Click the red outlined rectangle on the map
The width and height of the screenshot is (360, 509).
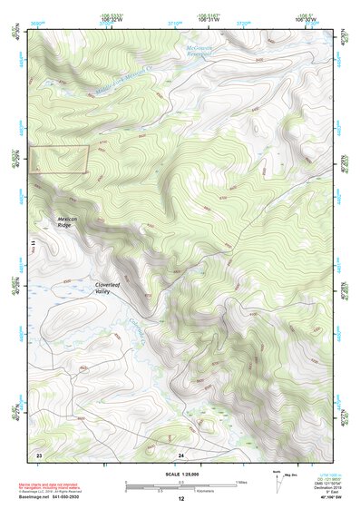pos(60,159)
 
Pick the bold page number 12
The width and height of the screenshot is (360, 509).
pos(180,499)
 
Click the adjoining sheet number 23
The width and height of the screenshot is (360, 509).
pos(39,453)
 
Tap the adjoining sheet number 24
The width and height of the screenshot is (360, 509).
pos(180,453)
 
